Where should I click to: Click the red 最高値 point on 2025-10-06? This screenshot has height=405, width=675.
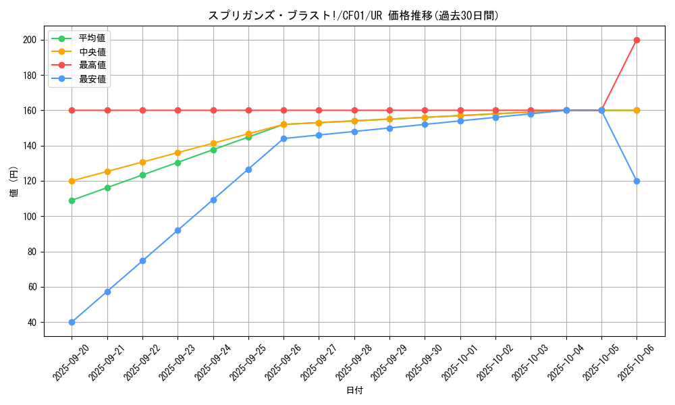pyautogui.click(x=637, y=40)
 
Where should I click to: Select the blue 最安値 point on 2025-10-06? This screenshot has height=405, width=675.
pyautogui.click(x=637, y=181)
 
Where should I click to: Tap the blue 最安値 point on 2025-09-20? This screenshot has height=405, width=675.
pyautogui.click(x=72, y=322)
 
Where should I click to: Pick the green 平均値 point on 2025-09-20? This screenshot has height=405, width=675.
pyautogui.click(x=72, y=200)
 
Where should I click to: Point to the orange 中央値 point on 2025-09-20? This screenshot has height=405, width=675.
pyautogui.click(x=72, y=181)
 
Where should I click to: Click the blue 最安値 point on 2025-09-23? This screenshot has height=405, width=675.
pyautogui.click(x=178, y=230)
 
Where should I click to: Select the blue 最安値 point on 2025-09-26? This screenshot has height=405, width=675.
pyautogui.click(x=283, y=138)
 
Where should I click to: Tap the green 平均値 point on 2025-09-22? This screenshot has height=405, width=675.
pyautogui.click(x=142, y=175)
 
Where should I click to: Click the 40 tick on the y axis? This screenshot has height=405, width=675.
pyautogui.click(x=31, y=322)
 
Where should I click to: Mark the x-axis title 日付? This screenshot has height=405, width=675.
pyautogui.click(x=354, y=391)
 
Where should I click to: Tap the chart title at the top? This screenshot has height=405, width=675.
pyautogui.click(x=354, y=16)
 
